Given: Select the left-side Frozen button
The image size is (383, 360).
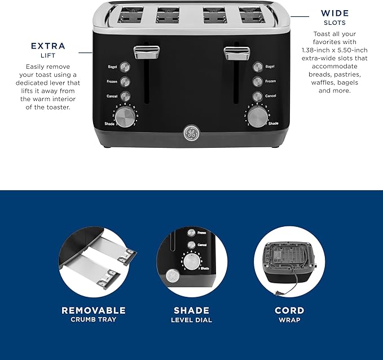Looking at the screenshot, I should (x=125, y=81).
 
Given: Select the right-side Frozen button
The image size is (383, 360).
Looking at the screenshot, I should (x=257, y=81).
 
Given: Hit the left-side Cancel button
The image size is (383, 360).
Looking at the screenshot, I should (x=125, y=96).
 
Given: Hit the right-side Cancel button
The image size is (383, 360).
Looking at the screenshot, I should (x=257, y=96).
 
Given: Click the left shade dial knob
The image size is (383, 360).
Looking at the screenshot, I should (x=129, y=116).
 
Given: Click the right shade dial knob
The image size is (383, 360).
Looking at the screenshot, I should (x=257, y=116).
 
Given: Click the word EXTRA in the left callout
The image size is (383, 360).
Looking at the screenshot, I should (x=48, y=46).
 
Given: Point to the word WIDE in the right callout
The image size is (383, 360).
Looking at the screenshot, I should (x=334, y=13).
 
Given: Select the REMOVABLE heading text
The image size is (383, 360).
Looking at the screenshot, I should (x=94, y=310).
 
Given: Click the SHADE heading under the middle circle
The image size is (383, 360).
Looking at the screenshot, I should (x=191, y=310).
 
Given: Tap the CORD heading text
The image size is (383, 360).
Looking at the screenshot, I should (x=289, y=310).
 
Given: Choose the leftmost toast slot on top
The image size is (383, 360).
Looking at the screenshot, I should (x=126, y=15).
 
